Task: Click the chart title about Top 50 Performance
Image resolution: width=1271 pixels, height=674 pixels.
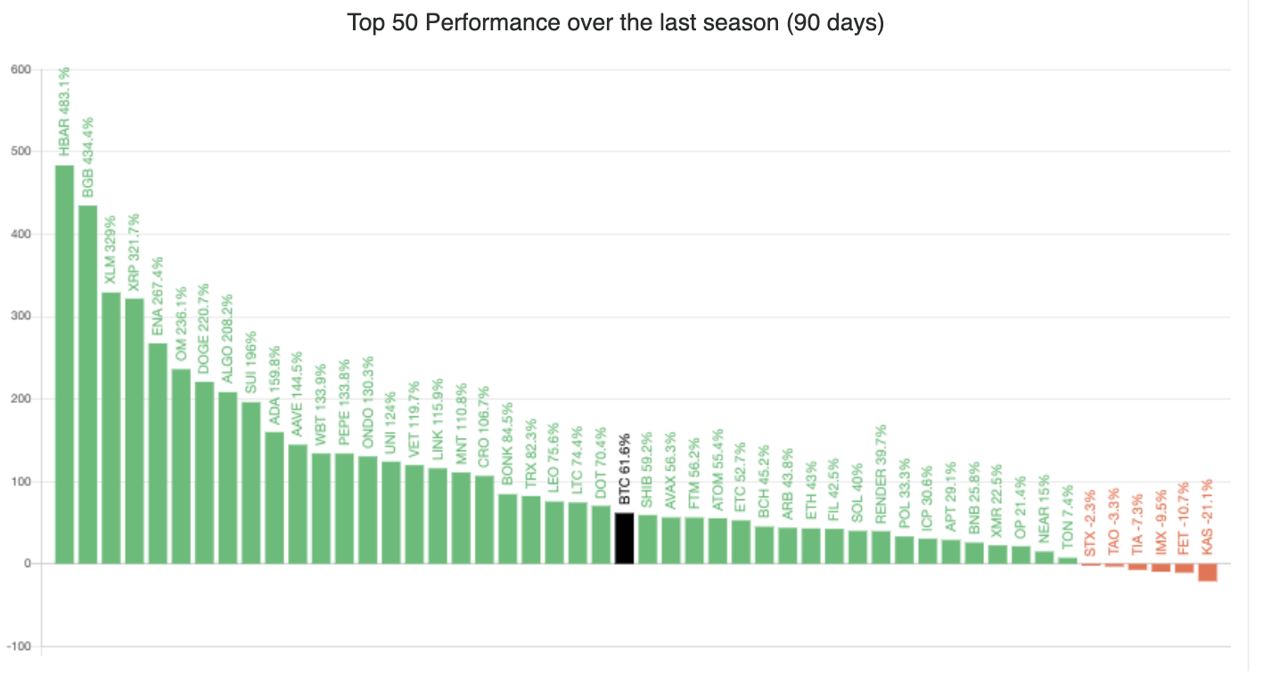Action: click(x=615, y=22)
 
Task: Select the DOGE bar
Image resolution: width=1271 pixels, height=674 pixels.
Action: click(x=204, y=473)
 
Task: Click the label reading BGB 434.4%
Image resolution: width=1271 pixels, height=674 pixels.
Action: click(x=87, y=157)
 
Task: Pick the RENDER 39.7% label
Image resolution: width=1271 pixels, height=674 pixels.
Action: click(x=881, y=473)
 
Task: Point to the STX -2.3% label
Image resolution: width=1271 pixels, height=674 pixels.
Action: click(x=1090, y=526)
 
